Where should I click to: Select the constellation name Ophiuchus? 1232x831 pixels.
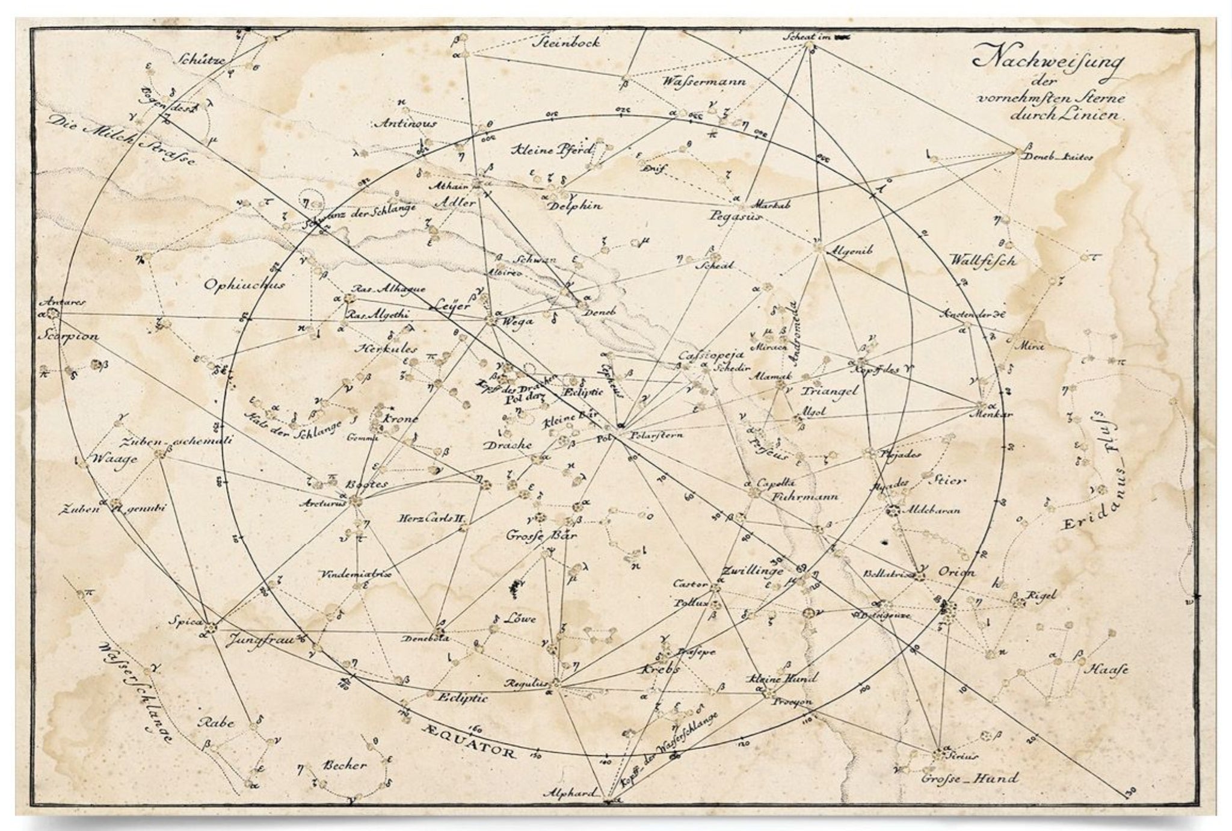tap(244, 284)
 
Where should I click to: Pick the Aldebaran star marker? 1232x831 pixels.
tap(893, 511)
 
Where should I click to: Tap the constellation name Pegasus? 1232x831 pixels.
tap(735, 216)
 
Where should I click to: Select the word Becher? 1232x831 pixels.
tap(345, 765)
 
